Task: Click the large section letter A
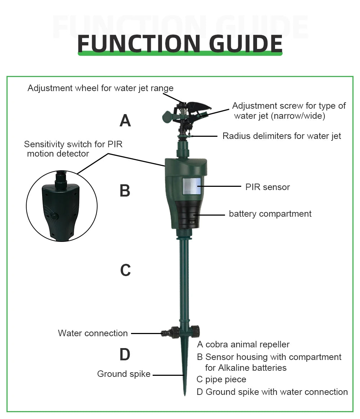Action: tap(125, 121)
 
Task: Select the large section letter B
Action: tap(125, 191)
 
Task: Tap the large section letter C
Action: tap(125, 270)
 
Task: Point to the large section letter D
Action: tap(125, 355)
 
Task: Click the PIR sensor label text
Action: tap(267, 187)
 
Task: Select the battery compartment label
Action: tap(270, 214)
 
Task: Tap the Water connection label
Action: tap(93, 333)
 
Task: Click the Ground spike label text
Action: tap(123, 374)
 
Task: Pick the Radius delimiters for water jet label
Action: tap(282, 136)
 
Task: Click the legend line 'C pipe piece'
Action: tap(221, 379)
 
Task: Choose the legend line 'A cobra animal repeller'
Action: tap(243, 344)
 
